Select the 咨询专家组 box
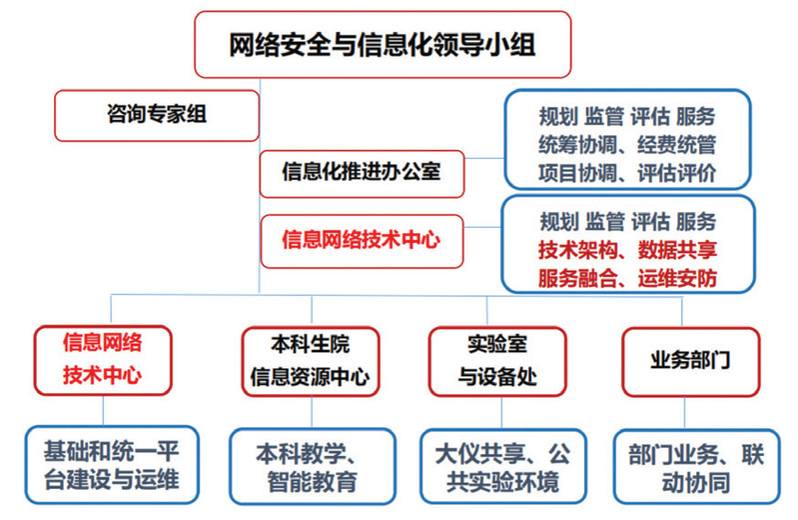pos(157,115)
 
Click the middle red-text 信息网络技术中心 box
pos(362,240)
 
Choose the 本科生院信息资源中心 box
pos(310,361)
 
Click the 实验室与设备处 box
pos(496,361)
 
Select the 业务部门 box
pos(689,361)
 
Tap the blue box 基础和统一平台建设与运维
pos(110,465)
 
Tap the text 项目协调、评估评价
pos(626,172)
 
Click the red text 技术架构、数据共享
pos(626,248)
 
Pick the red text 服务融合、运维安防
pos(626,277)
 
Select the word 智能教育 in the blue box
pos(313,483)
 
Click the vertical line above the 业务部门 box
pos(682,310)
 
